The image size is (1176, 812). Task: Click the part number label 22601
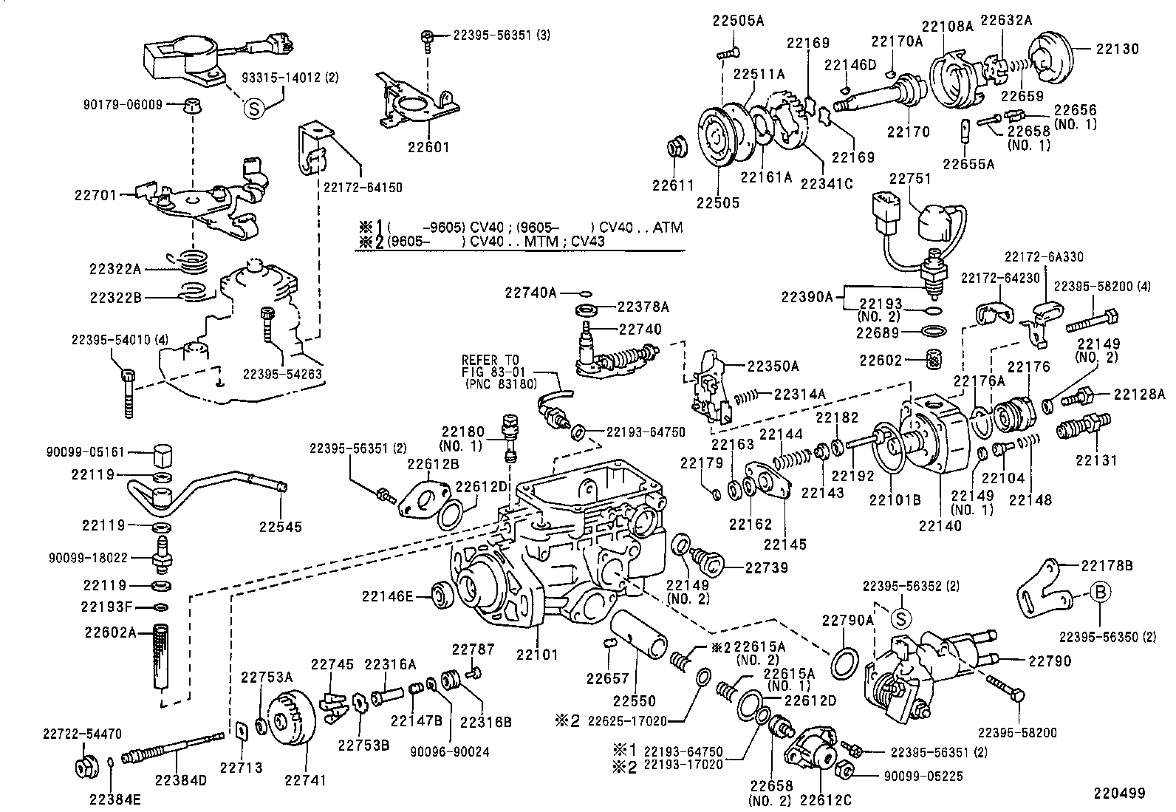click(428, 147)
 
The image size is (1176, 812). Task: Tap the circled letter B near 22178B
click(1098, 592)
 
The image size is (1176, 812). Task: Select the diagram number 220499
click(1119, 793)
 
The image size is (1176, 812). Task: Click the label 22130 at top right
click(1117, 50)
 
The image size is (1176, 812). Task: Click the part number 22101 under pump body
click(537, 654)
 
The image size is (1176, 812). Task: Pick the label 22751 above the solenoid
click(910, 179)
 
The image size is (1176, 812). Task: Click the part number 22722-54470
click(81, 734)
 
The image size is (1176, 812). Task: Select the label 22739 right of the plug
click(767, 567)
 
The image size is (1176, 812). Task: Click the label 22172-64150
click(363, 187)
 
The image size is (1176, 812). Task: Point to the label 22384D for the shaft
click(181, 779)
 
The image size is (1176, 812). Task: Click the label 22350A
click(773, 366)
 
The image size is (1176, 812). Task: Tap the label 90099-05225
click(923, 776)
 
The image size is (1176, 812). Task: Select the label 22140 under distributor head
click(940, 525)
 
